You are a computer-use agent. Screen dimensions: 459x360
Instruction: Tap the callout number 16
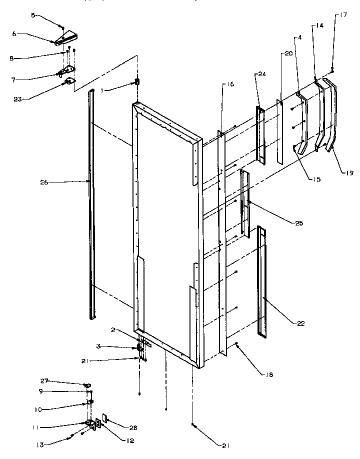coord(229,84)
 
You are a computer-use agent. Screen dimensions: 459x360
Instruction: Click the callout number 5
coord(33,15)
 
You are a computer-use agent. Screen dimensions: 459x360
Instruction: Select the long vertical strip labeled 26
coord(91,200)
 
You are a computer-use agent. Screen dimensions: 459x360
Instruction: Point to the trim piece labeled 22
coord(262,280)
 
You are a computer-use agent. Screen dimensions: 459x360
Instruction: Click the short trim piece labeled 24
coord(260,133)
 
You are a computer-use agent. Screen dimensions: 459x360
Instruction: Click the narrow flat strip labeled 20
coord(280,132)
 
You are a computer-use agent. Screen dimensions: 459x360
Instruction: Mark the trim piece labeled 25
coord(245,202)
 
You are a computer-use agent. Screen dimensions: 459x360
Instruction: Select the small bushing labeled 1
coord(137,81)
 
